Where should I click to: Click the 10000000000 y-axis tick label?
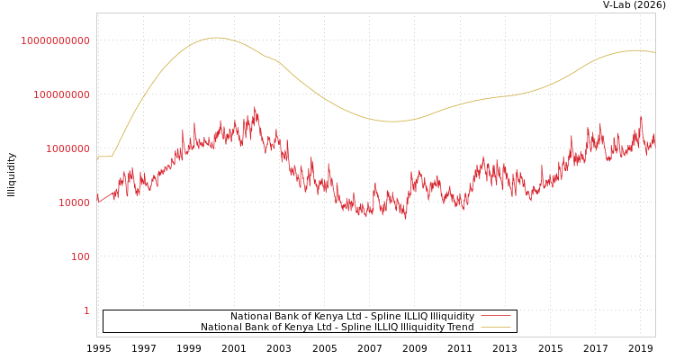pyautogui.click(x=55, y=40)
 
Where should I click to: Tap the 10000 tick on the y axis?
pyautogui.click(x=74, y=202)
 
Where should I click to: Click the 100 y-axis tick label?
pyautogui.click(x=80, y=256)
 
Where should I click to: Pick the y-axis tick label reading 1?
pyautogui.click(x=86, y=310)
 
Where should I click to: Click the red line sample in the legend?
pyautogui.click(x=495, y=316)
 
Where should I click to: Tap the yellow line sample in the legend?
pyautogui.click(x=495, y=327)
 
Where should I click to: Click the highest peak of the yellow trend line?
pyautogui.click(x=216, y=38)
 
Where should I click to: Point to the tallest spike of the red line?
pyautogui.click(x=255, y=108)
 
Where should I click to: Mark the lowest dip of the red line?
pyautogui.click(x=405, y=219)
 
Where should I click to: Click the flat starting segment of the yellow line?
pyautogui.click(x=104, y=157)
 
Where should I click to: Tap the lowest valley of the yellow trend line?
pyautogui.click(x=392, y=121)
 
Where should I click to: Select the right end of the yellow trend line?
pyautogui.click(x=654, y=52)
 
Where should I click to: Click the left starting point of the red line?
pyautogui.click(x=97, y=197)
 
